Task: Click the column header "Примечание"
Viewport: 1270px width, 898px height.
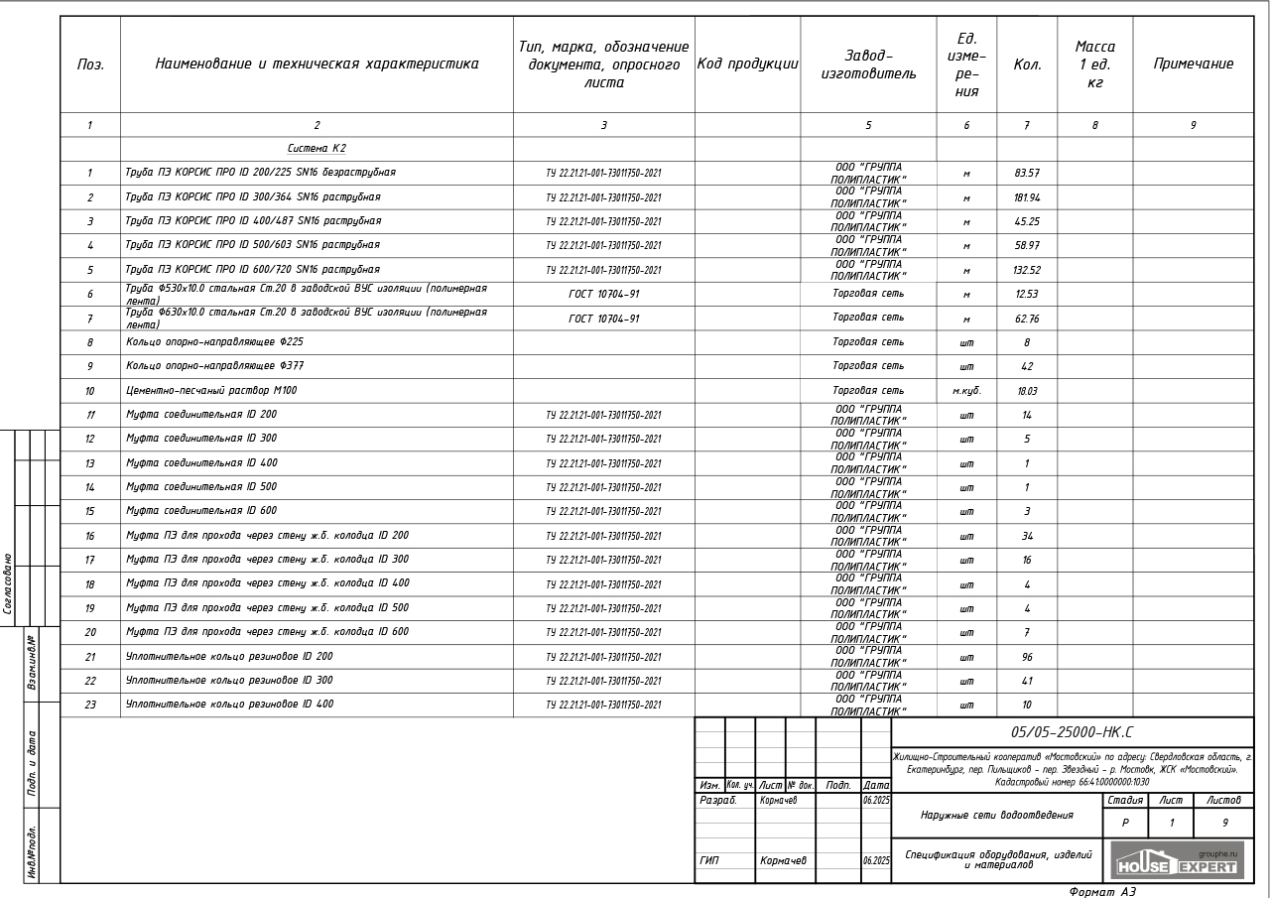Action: click(1193, 64)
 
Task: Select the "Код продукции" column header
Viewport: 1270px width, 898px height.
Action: click(747, 64)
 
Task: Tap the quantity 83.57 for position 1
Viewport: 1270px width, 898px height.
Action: click(1026, 174)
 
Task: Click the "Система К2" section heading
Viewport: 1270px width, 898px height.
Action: click(317, 149)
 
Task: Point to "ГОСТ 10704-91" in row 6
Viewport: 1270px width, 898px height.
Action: click(603, 295)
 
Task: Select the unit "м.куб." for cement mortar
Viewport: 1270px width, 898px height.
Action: click(966, 391)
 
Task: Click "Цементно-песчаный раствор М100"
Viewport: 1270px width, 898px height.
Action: click(211, 391)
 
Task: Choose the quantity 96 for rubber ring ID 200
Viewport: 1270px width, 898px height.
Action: click(1026, 657)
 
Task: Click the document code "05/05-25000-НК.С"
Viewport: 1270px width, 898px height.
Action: click(1072, 732)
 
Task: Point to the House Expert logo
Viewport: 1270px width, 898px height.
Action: click(1176, 861)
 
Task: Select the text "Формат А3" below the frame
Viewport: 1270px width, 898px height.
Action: click(1101, 892)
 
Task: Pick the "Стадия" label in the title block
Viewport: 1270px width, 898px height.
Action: click(1124, 800)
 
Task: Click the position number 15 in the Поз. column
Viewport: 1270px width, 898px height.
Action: click(89, 512)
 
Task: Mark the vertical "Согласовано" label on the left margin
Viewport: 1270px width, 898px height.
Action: click(8, 583)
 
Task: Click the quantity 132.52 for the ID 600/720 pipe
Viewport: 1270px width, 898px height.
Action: click(1026, 270)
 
